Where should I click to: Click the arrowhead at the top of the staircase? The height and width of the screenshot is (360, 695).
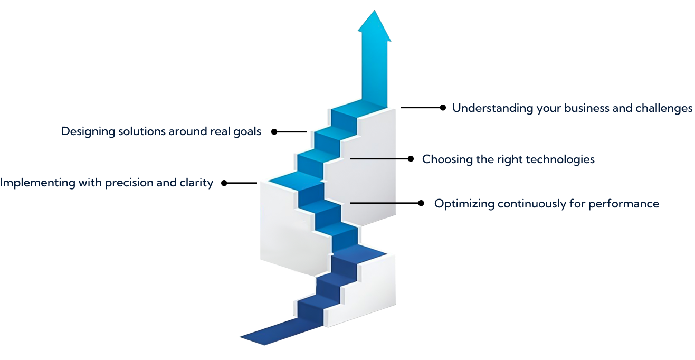374,26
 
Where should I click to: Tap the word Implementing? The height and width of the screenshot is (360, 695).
37,183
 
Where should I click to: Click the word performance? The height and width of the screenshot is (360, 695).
624,204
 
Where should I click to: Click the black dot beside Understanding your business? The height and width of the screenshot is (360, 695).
443,108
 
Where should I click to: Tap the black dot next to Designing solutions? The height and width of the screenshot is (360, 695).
274,132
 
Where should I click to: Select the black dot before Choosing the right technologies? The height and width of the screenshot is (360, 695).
411,159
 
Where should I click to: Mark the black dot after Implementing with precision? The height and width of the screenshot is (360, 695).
224,183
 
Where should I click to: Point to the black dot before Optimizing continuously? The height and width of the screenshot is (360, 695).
421,203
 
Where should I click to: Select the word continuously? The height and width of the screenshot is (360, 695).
532,204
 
